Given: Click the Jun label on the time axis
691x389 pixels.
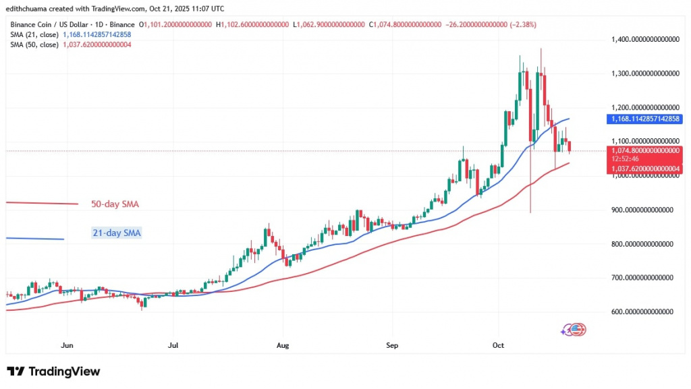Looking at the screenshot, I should point(67,346).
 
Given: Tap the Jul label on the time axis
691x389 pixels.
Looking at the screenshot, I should point(173,346).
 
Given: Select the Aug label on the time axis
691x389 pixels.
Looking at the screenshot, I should point(283,346).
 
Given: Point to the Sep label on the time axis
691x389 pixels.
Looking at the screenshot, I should point(392,346).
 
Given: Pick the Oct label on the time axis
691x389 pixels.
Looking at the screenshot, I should point(499,346).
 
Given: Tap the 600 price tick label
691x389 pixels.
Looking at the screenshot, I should point(644,311).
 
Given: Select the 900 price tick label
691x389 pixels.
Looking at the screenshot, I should point(644,210).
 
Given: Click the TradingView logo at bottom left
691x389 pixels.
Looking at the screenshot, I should point(54,371).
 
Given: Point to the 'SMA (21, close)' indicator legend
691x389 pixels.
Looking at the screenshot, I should point(33,34).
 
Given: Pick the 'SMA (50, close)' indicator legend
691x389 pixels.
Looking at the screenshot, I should point(33,44).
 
